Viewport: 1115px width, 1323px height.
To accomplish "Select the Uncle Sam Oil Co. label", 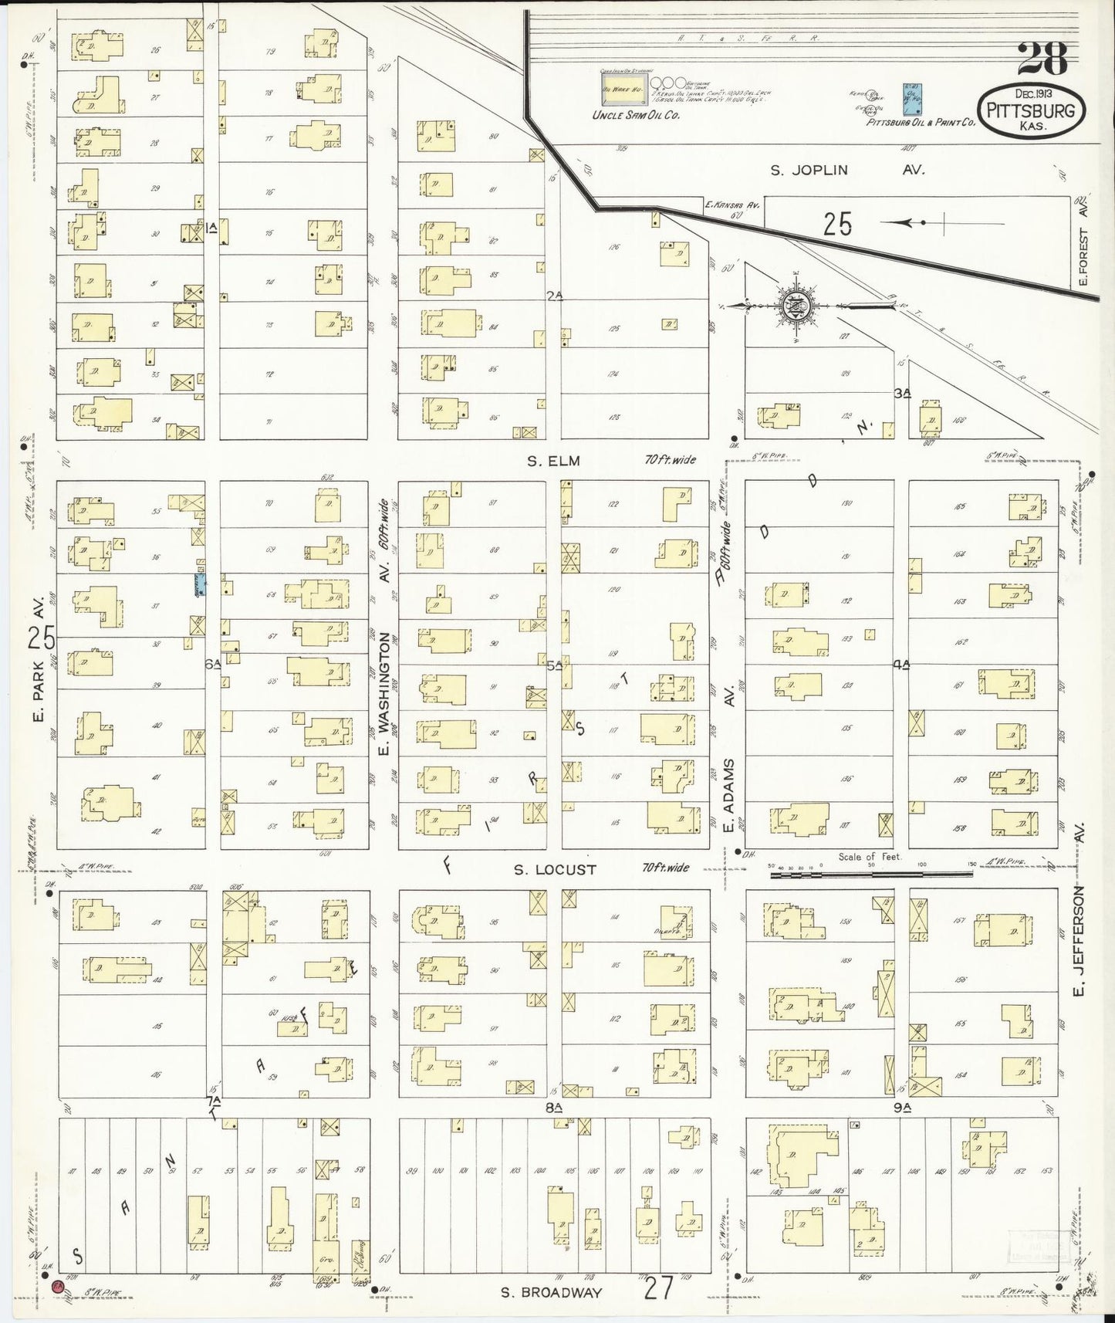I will click(x=635, y=115).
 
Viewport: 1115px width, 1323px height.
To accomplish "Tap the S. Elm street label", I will click(x=553, y=461).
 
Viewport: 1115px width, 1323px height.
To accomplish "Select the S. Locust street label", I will click(x=555, y=869).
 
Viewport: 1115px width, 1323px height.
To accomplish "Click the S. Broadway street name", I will click(x=551, y=1292).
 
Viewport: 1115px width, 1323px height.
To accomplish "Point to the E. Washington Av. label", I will click(x=383, y=657).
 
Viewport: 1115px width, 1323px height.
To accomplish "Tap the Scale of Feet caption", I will click(x=867, y=857).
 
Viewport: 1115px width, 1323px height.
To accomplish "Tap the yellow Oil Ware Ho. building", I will click(x=624, y=90).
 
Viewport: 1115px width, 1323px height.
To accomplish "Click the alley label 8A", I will click(x=552, y=1107).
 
